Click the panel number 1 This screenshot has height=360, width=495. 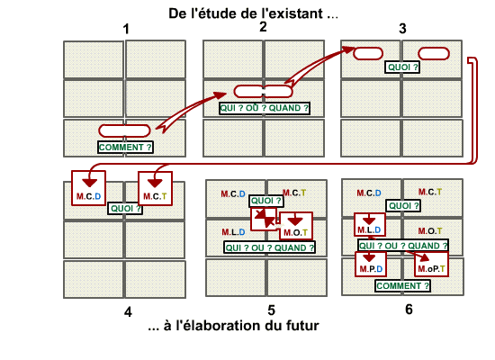click(x=126, y=29)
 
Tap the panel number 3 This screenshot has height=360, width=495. click(x=402, y=29)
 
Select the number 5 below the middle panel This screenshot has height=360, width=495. click(x=271, y=310)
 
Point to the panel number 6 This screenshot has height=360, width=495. click(x=409, y=310)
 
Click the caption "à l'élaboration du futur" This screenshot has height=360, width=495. click(x=241, y=326)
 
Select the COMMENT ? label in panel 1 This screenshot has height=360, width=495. click(x=125, y=148)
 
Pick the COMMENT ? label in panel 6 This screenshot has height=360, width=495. click(x=403, y=286)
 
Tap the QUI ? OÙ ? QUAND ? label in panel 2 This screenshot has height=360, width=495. click(x=265, y=108)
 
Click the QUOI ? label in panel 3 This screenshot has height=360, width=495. click(x=402, y=67)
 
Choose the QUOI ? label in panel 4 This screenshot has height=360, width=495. click(x=125, y=209)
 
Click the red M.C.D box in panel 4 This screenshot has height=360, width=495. click(x=88, y=188)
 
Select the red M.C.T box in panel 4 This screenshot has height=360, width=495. click(x=155, y=188)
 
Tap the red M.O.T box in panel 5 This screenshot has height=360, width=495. click(x=296, y=226)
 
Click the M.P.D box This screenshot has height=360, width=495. click(x=371, y=264)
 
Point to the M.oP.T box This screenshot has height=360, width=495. click(x=431, y=264)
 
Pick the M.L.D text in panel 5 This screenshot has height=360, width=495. click(x=233, y=232)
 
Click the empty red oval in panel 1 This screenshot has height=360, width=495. click(x=124, y=130)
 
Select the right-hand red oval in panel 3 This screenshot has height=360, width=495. click(x=434, y=54)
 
